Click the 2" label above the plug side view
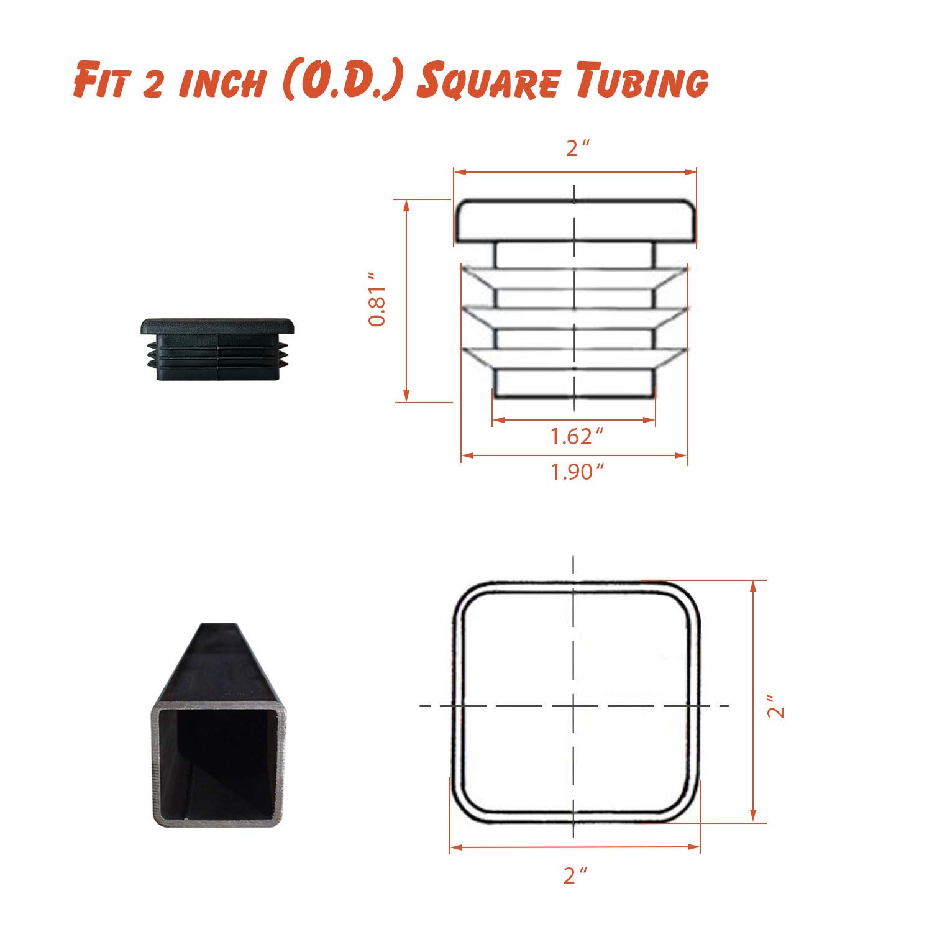[x=577, y=148]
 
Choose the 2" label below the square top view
[x=575, y=875]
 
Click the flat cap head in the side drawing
[x=575, y=221]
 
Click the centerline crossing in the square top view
[x=573, y=706]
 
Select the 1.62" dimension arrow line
[x=573, y=421]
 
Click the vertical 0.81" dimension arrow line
[x=406, y=301]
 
